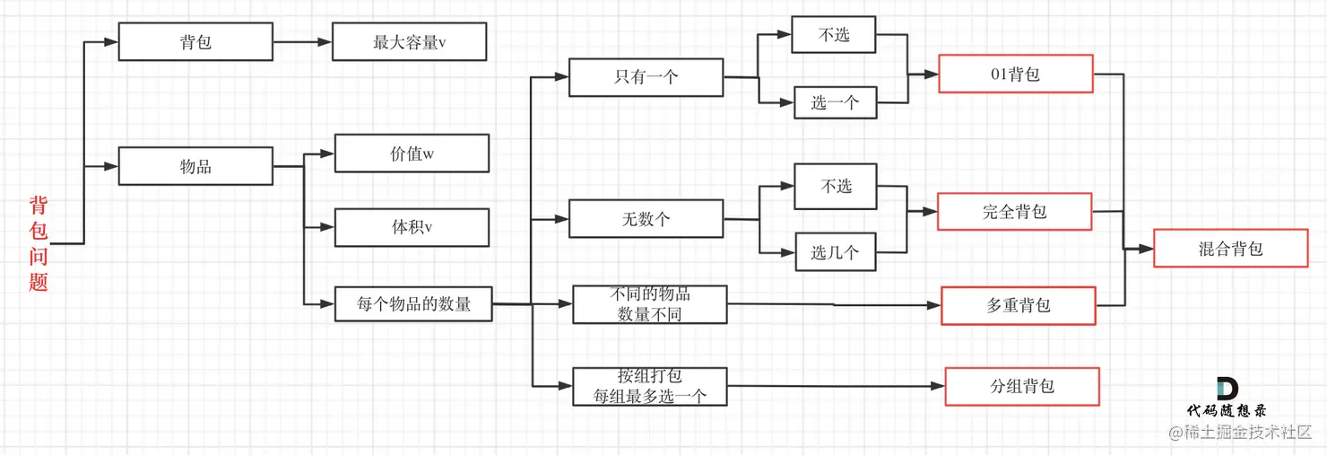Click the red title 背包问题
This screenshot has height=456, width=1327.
click(38, 243)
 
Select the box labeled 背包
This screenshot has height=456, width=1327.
click(195, 42)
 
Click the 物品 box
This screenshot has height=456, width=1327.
click(195, 167)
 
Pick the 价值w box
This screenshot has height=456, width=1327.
click(412, 153)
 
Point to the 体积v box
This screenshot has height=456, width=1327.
click(412, 227)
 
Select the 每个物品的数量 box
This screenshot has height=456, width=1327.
click(413, 303)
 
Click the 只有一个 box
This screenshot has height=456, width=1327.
click(646, 77)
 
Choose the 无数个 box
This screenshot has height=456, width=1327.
click(646, 218)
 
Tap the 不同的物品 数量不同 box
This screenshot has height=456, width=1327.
click(650, 304)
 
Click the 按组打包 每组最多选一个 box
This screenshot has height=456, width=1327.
click(650, 386)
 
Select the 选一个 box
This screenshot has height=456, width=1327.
click(835, 102)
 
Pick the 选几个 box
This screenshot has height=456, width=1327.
click(835, 252)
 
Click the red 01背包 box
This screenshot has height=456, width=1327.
click(1015, 74)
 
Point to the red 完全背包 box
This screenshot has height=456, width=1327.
click(1014, 212)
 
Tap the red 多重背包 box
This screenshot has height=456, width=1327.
click(1018, 305)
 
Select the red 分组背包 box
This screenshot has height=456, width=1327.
click(1021, 386)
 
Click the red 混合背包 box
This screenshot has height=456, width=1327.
click(1230, 249)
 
